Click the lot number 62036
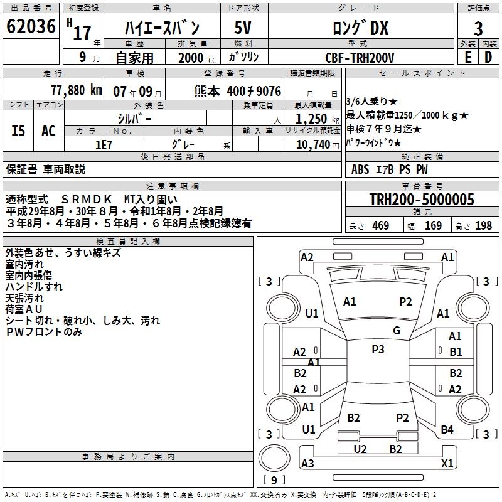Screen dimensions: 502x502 coord(30,27)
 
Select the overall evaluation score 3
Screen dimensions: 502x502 coord(478,28)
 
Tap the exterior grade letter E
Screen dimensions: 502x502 coord(467,56)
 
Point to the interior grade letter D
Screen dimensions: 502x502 coord(488,56)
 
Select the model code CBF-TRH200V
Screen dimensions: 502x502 coord(360,57)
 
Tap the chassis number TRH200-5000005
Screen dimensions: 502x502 coord(421,200)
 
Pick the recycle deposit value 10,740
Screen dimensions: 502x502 coord(313,144)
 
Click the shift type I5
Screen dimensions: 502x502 coord(18,131)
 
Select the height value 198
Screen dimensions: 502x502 coord(483,226)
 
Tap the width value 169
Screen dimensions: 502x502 coord(434,226)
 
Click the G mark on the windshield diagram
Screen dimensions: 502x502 coord(397,331)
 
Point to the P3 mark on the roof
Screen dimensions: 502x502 coord(378,350)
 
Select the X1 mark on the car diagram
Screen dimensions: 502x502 coord(447,463)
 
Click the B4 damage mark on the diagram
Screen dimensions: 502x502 coord(447,430)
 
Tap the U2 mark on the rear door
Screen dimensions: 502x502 coord(360,449)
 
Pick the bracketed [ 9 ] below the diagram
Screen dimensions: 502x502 coord(274,480)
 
